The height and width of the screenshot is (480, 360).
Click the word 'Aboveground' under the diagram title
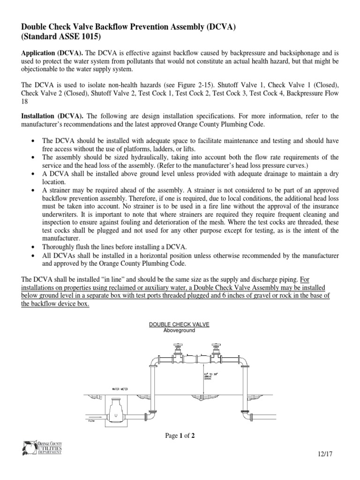tap(179, 330)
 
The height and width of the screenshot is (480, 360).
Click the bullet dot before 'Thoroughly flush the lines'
tap(32, 246)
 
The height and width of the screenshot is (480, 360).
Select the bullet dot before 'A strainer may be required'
tap(32, 191)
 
